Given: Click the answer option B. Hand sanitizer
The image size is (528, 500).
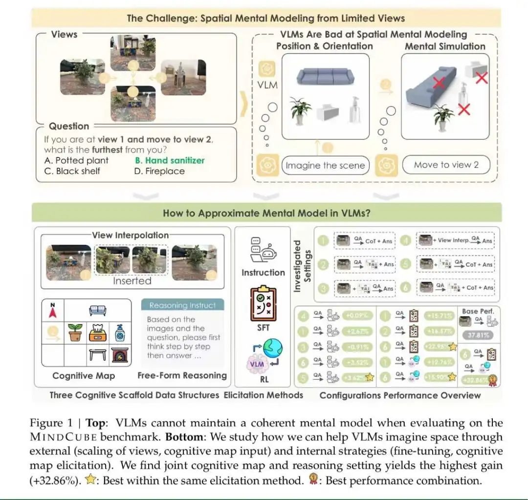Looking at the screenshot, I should pos(169,160).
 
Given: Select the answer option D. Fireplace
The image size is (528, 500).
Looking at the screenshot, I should pos(159,171).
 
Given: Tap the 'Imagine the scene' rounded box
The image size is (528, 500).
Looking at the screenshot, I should pos(325,165).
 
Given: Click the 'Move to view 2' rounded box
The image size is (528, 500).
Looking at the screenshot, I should pos(446,165).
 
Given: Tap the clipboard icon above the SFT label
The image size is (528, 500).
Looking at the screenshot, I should pos(263,303).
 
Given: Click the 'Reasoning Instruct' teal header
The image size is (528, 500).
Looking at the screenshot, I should pos(182,305).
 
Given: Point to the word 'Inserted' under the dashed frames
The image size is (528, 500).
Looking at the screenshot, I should pos(132,281).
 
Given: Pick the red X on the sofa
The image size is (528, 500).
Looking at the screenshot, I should pos(438,83).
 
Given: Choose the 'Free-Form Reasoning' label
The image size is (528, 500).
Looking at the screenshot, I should pos(182,375).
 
